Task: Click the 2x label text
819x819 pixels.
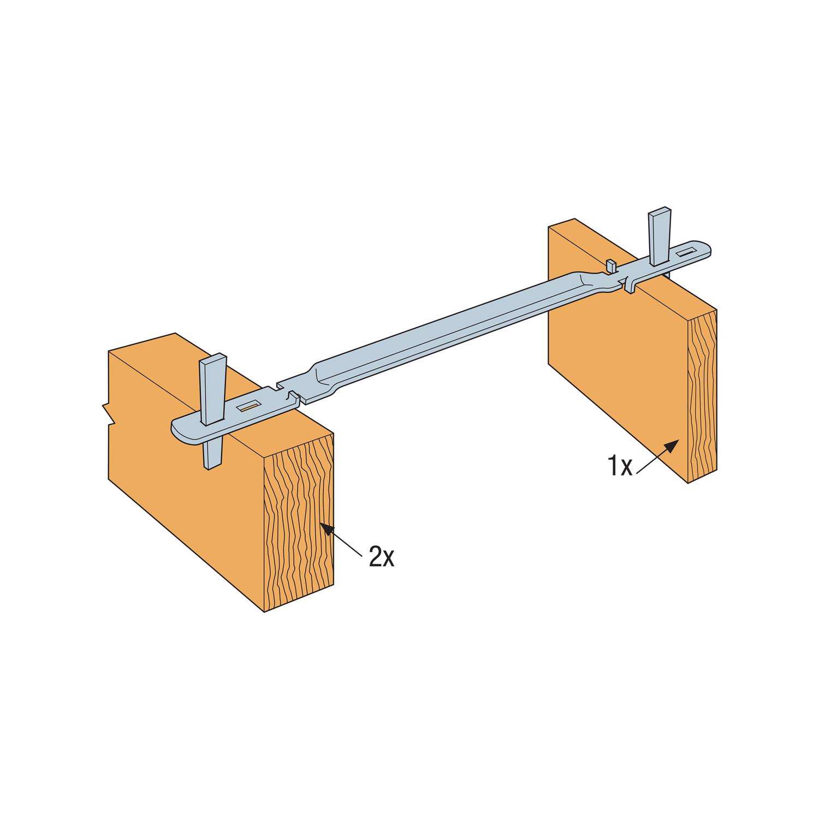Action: (381, 557)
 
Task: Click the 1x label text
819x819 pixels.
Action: (619, 467)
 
